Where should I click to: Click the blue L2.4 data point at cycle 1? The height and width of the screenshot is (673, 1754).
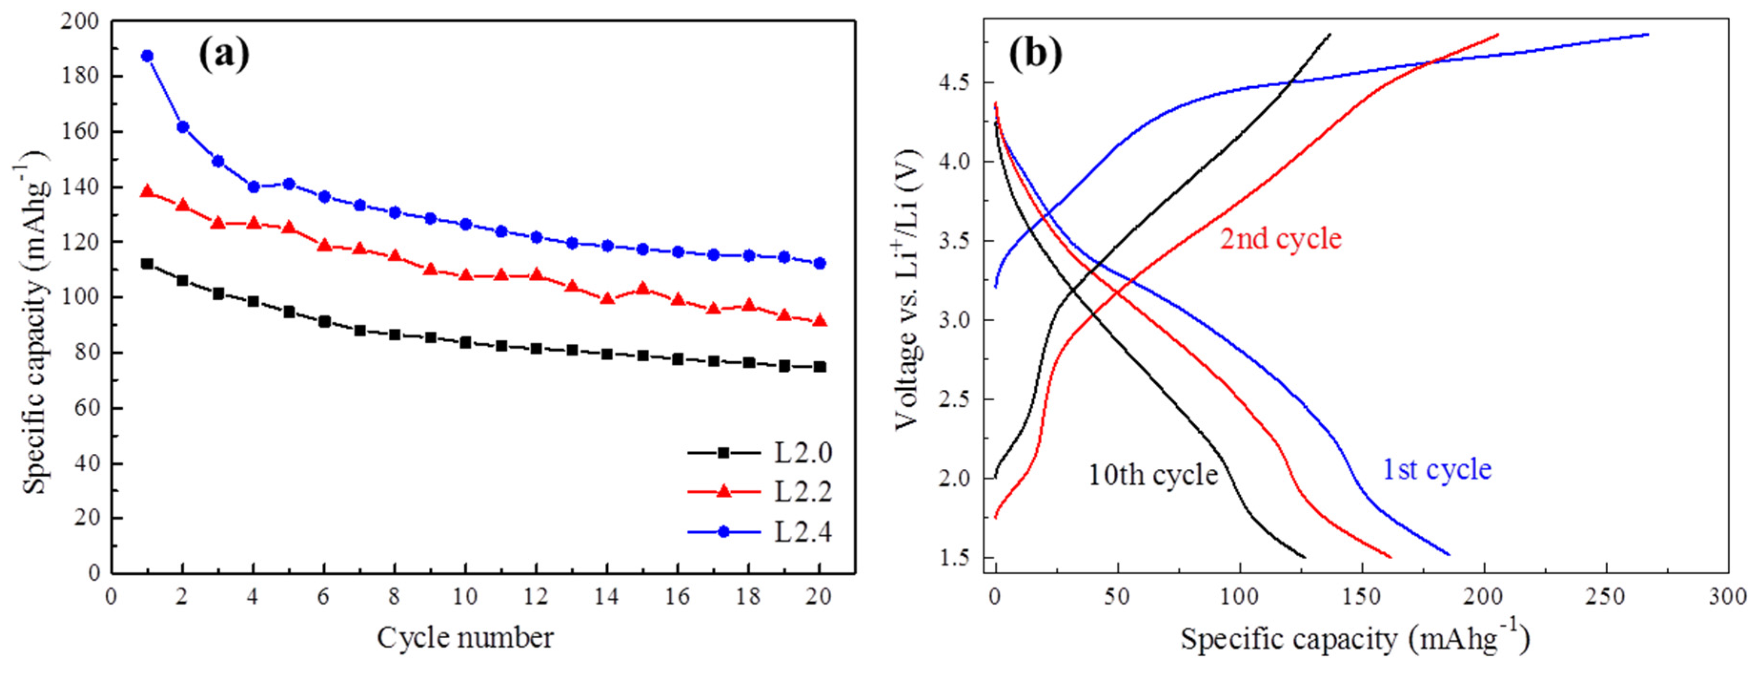(x=147, y=56)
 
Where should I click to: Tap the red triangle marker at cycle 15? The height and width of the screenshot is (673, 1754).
(x=642, y=289)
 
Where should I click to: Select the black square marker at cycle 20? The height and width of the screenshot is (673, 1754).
(x=820, y=367)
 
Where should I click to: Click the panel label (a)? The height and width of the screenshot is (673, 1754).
(x=224, y=54)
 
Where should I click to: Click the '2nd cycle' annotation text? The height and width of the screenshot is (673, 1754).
(x=1280, y=239)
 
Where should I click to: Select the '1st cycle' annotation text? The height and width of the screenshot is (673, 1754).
(x=1437, y=469)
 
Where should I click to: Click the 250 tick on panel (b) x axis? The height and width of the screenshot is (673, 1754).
(x=1605, y=597)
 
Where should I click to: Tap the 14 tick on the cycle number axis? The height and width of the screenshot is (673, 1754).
(x=607, y=597)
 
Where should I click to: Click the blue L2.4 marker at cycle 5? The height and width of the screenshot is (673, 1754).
(x=289, y=184)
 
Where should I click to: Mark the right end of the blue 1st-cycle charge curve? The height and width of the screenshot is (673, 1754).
(x=1646, y=34)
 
